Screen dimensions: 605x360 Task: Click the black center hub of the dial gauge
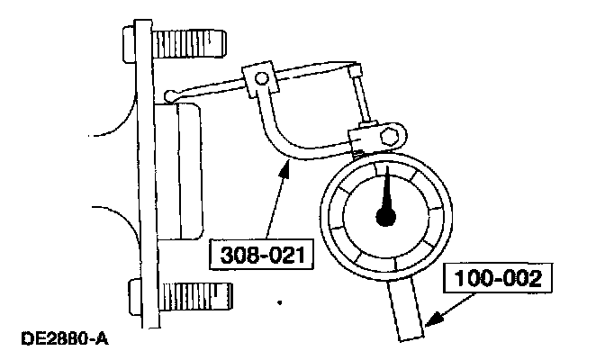pyautogui.click(x=388, y=215)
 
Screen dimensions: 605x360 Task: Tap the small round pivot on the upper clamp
pyautogui.click(x=260, y=80)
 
